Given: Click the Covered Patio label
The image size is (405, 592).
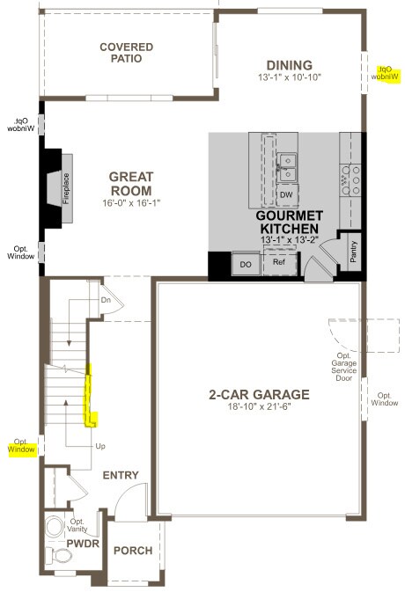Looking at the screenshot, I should pyautogui.click(x=126, y=53).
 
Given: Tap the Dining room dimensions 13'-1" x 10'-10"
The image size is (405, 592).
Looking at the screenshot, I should pyautogui.click(x=290, y=77).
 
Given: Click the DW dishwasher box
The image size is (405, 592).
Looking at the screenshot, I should pyautogui.click(x=286, y=195).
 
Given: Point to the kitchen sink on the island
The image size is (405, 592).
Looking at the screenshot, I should pyautogui.click(x=287, y=163).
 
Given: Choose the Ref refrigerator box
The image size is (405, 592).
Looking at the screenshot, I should pyautogui.click(x=279, y=262).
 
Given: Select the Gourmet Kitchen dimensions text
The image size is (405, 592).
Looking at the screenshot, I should pyautogui.click(x=290, y=239).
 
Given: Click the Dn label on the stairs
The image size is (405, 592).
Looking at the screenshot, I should pyautogui.click(x=106, y=300).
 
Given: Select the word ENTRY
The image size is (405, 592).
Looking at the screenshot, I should pyautogui.click(x=121, y=475).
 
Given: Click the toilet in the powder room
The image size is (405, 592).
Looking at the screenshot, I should pyautogui.click(x=56, y=526).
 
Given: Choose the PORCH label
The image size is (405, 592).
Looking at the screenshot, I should pyautogui.click(x=133, y=552).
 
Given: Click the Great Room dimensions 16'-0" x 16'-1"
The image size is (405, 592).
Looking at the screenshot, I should pyautogui.click(x=130, y=203).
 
